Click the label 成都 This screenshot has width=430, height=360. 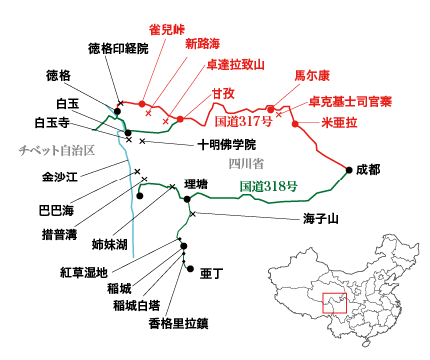(369, 170)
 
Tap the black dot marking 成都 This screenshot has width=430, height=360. (349, 170)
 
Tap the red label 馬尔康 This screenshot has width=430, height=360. (309, 75)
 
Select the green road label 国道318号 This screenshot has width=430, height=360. (269, 186)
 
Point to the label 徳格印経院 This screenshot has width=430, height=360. (118, 48)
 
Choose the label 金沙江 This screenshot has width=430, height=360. (60, 176)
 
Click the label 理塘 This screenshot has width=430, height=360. (196, 184)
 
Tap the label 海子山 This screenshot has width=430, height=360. (321, 218)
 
